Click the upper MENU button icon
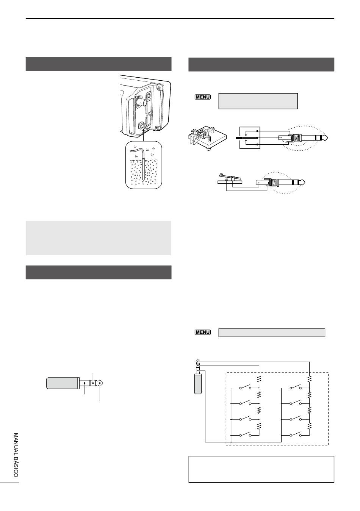click(202, 97)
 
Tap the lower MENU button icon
click(202, 332)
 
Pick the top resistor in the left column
click(259, 379)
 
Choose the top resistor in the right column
click(309, 379)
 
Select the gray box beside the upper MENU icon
click(258, 101)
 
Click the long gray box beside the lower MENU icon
click(272, 333)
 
